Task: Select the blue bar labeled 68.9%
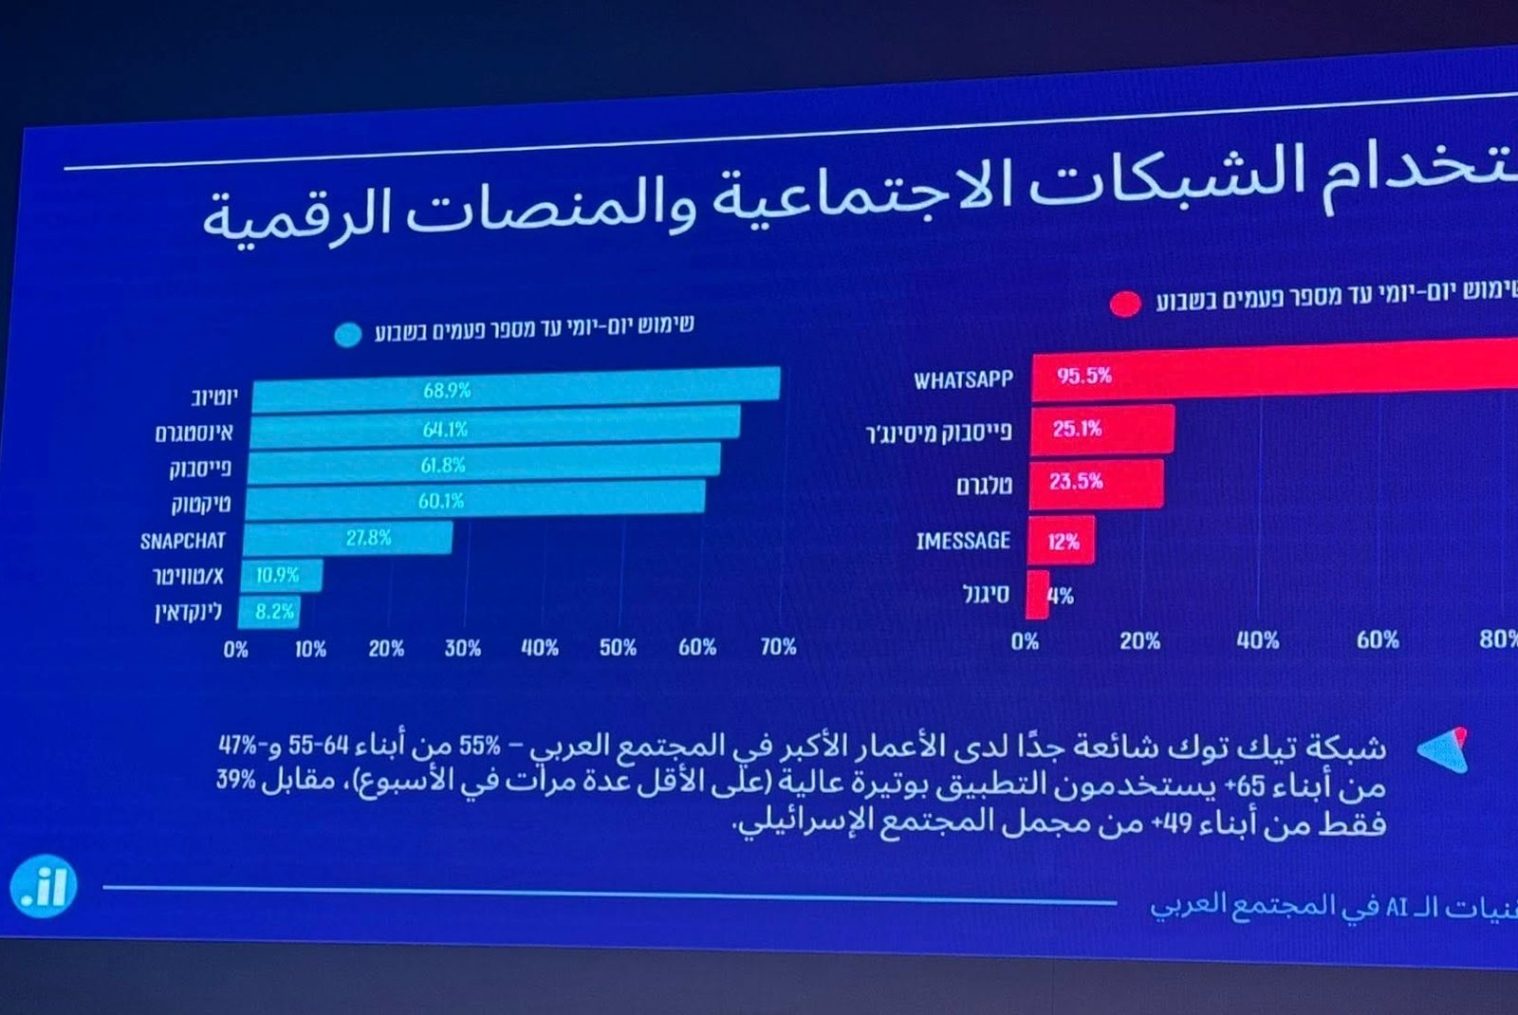[516, 389]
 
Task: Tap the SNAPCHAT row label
[183, 541]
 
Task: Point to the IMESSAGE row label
[963, 541]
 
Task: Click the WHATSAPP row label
[963, 380]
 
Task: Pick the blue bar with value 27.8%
[348, 538]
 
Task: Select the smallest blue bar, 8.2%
[270, 612]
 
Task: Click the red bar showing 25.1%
[1102, 429]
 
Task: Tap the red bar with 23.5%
[1097, 483]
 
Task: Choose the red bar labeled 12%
[1062, 541]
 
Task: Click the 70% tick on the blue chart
[778, 647]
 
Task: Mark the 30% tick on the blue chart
[463, 649]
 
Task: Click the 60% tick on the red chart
[1378, 640]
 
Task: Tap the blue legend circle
[348, 335]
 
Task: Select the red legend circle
[1125, 304]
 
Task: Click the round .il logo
[43, 887]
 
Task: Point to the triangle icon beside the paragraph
[1444, 750]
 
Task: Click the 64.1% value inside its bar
[446, 430]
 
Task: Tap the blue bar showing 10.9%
[282, 575]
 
